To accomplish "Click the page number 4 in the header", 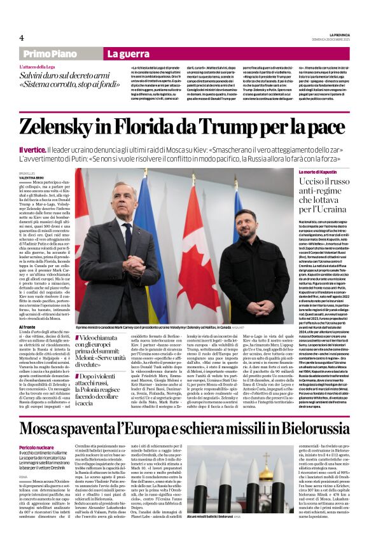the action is pyautogui.click(x=22, y=38).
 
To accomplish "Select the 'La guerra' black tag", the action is pyautogui.click(x=130, y=55).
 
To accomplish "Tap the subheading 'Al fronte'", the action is pyautogui.click(x=27, y=326).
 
